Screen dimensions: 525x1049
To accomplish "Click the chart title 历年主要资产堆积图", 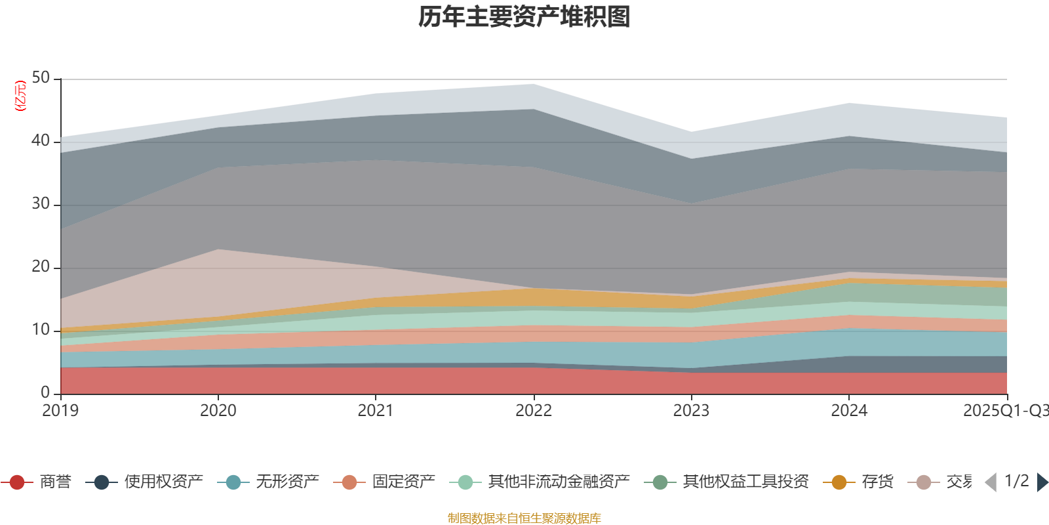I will (524, 17).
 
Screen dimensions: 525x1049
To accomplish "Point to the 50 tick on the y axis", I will (41, 78).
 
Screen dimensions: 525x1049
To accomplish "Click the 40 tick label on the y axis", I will (41, 140).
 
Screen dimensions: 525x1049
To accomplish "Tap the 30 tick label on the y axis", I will (41, 203).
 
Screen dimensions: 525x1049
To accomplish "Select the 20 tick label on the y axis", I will (41, 266).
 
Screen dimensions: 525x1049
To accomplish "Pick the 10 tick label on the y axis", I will (41, 329).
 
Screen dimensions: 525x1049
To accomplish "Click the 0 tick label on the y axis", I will (45, 392).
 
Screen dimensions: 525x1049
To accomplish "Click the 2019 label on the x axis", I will (60, 411).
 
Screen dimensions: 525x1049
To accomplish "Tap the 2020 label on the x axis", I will (218, 411).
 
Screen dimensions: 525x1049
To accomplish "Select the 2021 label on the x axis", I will (376, 411).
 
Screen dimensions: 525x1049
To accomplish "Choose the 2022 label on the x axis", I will (534, 411).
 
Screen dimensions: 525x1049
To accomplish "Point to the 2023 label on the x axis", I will (691, 411).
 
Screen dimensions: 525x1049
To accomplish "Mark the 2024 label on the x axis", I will (849, 411).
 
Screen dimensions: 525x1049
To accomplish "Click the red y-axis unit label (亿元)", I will (20, 96).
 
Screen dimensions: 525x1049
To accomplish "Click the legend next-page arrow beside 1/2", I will (1042, 482).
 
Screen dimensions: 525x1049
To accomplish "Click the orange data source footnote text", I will (524, 518).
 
